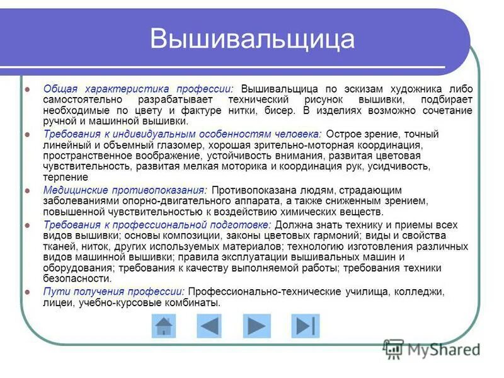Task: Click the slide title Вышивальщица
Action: [252, 39]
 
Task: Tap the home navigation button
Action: [164, 326]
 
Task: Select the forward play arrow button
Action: [256, 326]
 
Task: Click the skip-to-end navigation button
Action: [305, 326]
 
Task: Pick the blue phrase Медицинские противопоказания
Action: [124, 190]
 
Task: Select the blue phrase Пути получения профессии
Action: [113, 292]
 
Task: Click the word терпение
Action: [66, 178]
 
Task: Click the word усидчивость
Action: [401, 166]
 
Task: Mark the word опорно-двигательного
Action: [165, 200]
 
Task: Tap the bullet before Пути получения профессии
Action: [27, 292]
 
